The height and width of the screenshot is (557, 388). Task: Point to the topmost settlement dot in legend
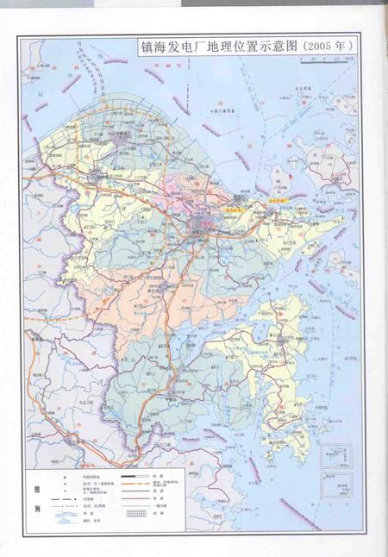pyautogui.click(x=65, y=475)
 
